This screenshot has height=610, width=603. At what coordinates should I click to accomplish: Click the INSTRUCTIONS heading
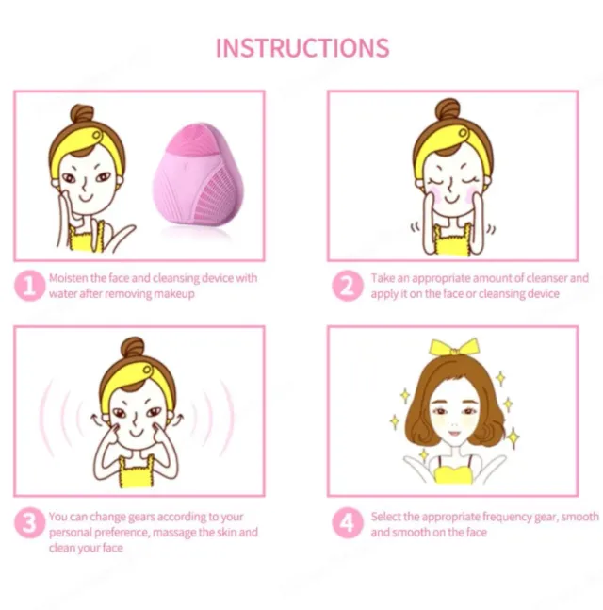(301, 48)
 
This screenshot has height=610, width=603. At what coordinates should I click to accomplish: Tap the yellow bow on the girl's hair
(453, 348)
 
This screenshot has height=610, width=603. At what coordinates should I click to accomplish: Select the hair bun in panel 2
(448, 111)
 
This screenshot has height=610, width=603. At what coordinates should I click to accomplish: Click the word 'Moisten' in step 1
(70, 279)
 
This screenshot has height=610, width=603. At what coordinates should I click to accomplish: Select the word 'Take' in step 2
(383, 279)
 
